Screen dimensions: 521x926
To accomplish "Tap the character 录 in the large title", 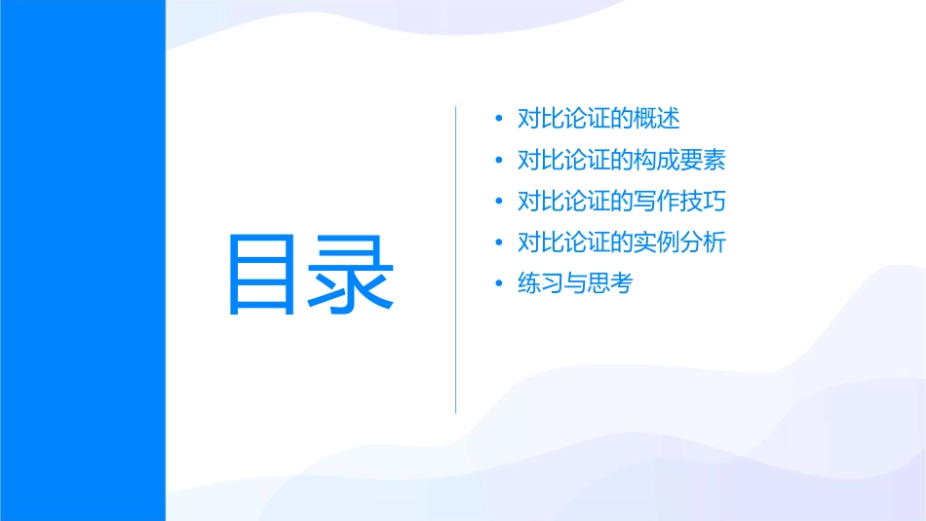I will (352, 274).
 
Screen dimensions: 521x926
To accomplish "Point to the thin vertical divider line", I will (456, 259).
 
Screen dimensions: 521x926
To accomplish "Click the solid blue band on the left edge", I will (82, 260).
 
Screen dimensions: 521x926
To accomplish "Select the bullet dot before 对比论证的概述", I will (499, 120).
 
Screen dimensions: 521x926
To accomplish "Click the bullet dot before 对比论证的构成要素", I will (499, 161).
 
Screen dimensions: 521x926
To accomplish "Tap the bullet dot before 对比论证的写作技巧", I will (499, 203).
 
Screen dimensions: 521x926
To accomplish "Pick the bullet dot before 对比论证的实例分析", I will (499, 243).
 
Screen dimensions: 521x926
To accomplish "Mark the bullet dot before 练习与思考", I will (499, 284).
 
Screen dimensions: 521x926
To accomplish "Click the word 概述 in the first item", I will (657, 120).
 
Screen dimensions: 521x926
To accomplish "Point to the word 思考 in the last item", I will (610, 284).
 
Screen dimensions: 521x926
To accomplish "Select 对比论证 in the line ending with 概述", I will (563, 120).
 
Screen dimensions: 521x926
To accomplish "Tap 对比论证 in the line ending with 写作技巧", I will (563, 203).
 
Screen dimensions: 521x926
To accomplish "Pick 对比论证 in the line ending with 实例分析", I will (563, 243).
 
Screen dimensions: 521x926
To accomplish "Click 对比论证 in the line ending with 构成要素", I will (563, 161).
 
